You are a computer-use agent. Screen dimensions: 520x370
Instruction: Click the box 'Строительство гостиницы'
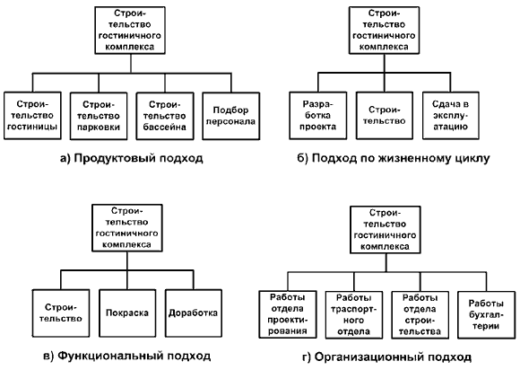[32, 116]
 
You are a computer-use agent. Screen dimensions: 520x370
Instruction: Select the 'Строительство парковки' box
[99, 116]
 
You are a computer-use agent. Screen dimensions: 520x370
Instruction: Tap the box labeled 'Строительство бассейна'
[165, 116]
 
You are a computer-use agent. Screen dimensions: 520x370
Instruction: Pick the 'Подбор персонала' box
[231, 116]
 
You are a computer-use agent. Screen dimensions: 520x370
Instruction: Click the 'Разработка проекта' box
[318, 115]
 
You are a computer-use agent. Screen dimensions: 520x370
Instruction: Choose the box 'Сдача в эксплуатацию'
[451, 115]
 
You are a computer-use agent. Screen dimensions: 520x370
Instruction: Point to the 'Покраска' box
[127, 313]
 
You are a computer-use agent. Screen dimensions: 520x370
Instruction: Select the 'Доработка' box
[194, 313]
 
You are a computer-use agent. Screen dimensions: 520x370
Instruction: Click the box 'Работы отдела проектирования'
[288, 314]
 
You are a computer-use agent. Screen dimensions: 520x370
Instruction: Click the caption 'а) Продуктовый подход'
[132, 158]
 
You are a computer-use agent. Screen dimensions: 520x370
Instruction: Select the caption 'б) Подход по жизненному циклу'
[394, 158]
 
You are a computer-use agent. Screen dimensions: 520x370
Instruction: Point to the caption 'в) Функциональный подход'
[127, 356]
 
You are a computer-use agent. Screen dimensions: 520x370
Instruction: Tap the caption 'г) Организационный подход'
[386, 357]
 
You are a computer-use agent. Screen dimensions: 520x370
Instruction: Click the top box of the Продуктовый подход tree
[130, 31]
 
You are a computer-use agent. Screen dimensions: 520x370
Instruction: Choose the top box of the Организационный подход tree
[386, 230]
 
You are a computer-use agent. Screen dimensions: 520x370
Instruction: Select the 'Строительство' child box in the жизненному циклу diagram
[385, 115]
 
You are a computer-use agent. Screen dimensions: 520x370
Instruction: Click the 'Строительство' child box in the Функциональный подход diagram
[61, 313]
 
